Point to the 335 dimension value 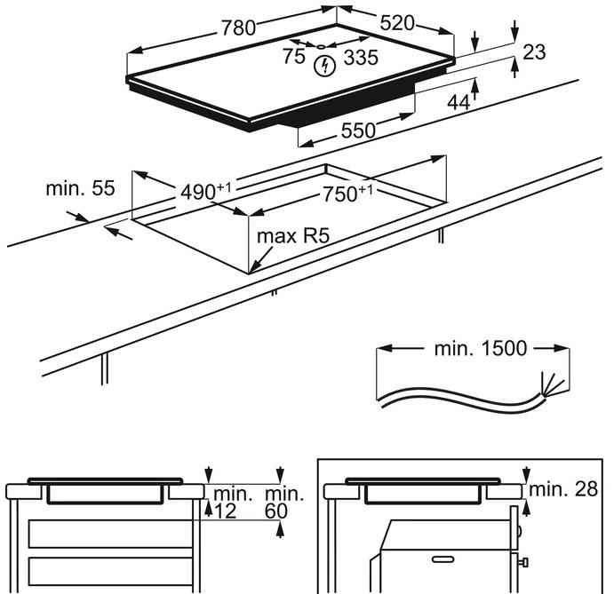[360, 59]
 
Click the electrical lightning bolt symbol [325, 65]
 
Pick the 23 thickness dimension [533, 52]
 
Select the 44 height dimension [458, 103]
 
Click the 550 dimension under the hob [358, 131]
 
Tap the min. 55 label [81, 188]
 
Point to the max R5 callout [292, 237]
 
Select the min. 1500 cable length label [481, 348]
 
